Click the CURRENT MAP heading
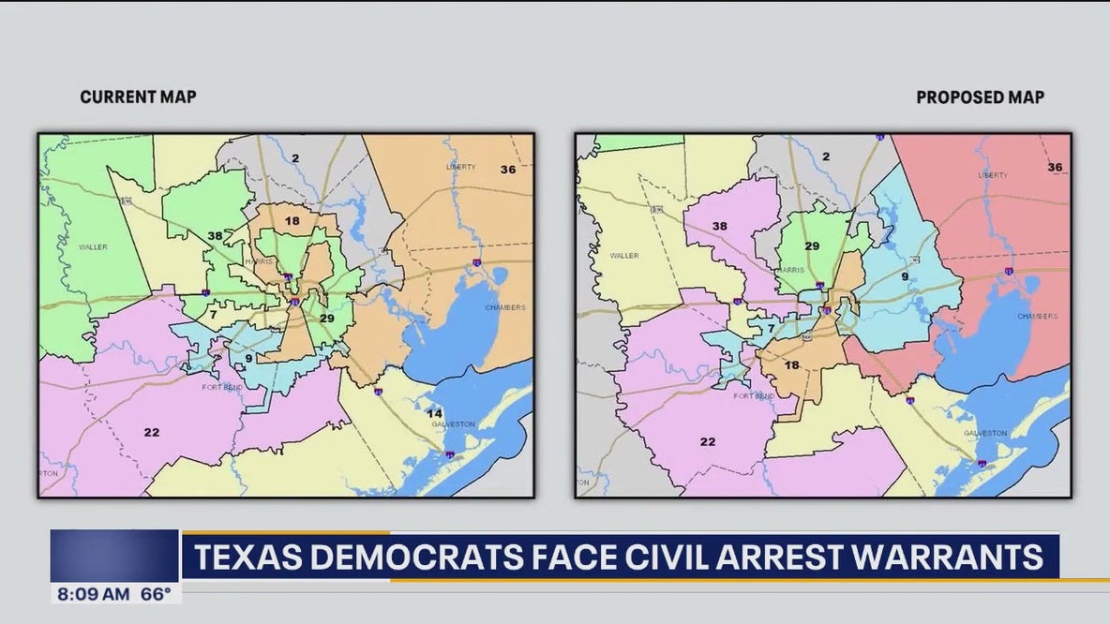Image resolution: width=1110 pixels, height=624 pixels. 138,97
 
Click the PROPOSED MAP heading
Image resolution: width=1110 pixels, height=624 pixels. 980,97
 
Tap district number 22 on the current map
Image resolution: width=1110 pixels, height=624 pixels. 151,432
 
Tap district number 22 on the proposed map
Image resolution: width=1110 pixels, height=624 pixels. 708,441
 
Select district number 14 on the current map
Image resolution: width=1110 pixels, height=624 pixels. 434,412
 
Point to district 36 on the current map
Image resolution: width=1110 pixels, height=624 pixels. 507,169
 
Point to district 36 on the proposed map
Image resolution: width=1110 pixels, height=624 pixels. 1055,167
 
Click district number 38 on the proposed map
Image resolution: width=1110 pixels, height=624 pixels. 719,226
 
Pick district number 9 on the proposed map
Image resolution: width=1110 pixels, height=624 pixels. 905,275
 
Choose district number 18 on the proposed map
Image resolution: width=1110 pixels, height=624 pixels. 792,364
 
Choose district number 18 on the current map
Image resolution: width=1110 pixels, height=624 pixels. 292,221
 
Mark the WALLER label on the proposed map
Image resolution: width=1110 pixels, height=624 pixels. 624,255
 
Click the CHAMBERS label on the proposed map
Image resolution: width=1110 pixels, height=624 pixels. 1037,317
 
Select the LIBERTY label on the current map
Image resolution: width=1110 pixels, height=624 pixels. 460,166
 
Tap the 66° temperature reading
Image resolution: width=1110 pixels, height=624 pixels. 155,593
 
